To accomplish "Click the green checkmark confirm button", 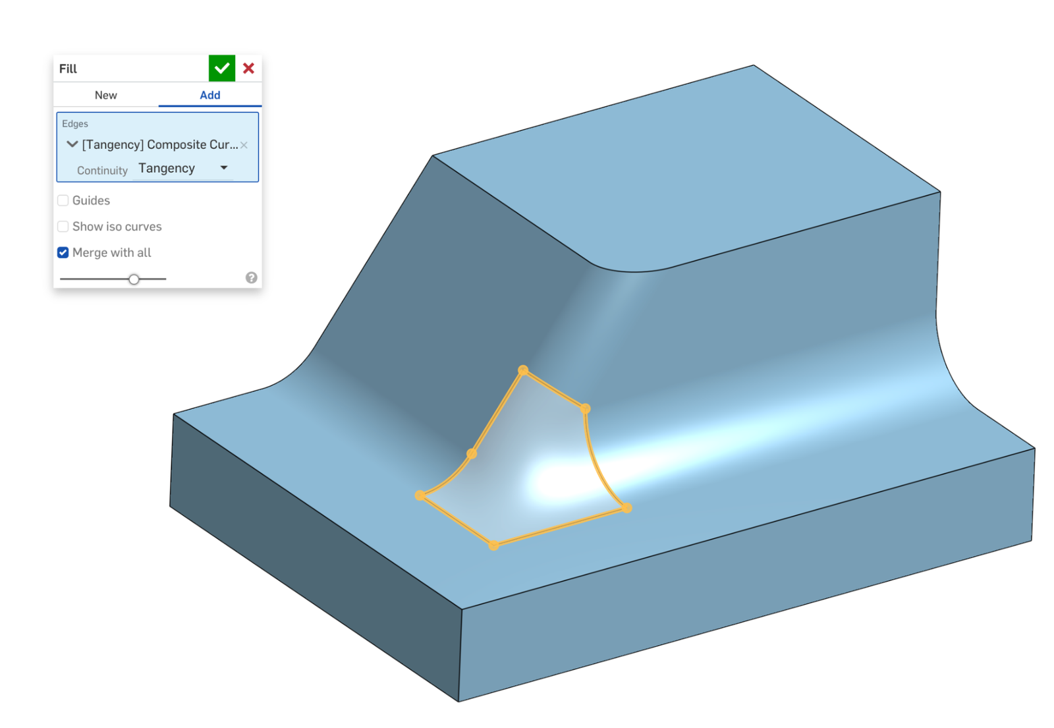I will click(222, 68).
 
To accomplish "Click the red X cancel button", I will click(248, 68).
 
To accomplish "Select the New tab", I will click(105, 95).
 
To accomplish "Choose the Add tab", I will click(209, 95).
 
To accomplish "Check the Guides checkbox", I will click(63, 200).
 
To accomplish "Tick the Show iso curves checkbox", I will click(63, 227).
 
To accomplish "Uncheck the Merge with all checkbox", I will click(63, 252).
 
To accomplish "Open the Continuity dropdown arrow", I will click(224, 168).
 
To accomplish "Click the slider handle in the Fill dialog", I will click(134, 279).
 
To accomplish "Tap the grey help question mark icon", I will click(251, 277).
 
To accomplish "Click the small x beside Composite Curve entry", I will click(244, 145).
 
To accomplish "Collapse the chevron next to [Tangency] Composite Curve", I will click(72, 144).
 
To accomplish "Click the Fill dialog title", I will click(68, 69).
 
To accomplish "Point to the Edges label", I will click(75, 124).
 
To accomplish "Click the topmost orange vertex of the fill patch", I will click(523, 370).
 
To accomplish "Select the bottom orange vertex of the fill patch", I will click(493, 545).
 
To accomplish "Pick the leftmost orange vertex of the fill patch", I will click(420, 495).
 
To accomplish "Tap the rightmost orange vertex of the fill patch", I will click(626, 507).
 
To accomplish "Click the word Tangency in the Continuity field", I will click(167, 168).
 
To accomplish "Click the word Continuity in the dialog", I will click(102, 171).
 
